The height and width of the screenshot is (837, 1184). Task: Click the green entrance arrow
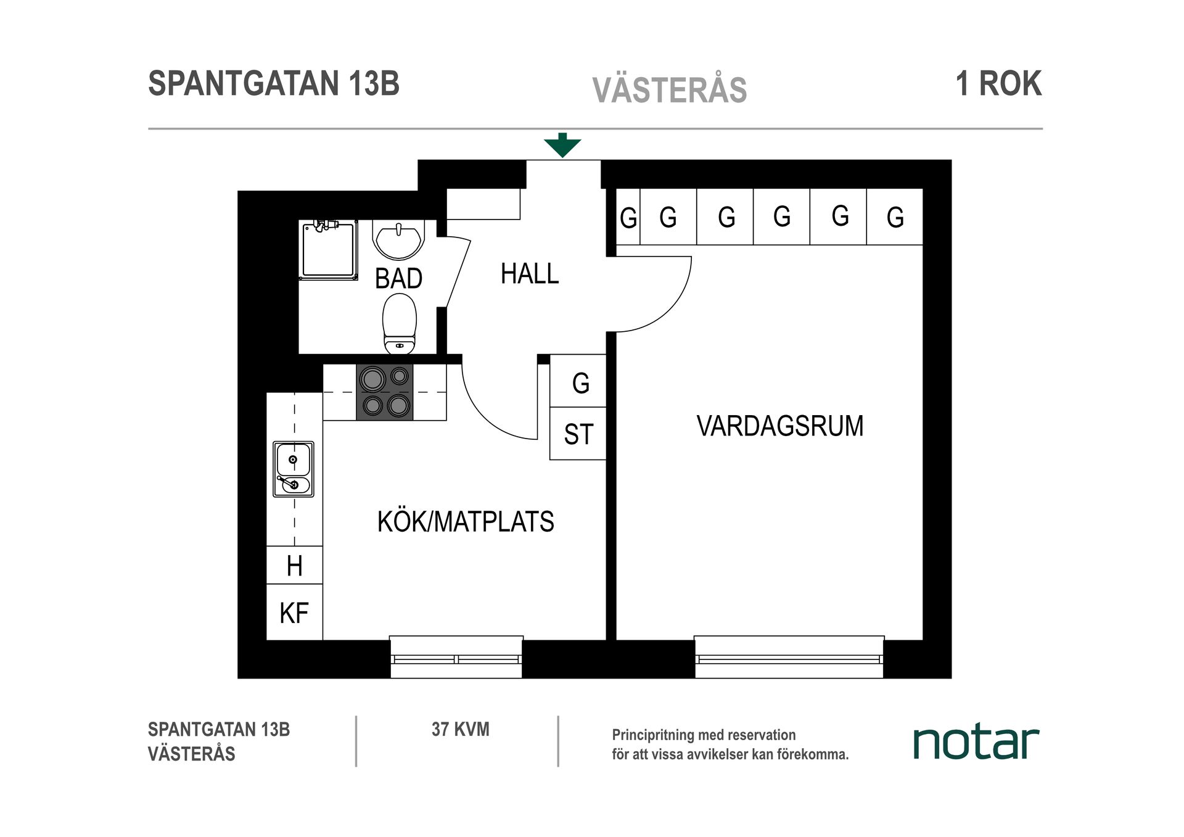[562, 146]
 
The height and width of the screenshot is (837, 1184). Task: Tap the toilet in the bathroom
[399, 323]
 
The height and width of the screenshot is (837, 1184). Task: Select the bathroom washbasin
[398, 241]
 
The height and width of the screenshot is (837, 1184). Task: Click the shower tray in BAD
[328, 250]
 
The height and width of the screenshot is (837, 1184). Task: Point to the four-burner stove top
[385, 392]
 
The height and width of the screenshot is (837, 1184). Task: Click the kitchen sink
[294, 469]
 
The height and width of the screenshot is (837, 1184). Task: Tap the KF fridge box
[294, 612]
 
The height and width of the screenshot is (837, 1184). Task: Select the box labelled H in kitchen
[294, 565]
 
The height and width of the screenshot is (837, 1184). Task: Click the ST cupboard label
[578, 434]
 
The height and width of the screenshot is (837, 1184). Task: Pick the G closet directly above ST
[578, 382]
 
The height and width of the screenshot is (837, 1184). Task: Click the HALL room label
[529, 274]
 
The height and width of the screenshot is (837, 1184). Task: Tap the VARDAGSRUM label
[779, 426]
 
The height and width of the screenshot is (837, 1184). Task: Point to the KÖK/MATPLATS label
[466, 522]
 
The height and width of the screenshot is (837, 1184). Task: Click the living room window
[789, 658]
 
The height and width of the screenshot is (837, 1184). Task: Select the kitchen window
[456, 658]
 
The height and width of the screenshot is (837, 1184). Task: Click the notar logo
[976, 743]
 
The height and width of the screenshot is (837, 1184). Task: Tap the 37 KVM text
[460, 730]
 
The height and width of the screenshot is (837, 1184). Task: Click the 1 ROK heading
[998, 84]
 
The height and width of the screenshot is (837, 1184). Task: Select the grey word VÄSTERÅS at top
[669, 91]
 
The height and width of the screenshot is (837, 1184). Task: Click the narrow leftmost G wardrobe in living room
[628, 217]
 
